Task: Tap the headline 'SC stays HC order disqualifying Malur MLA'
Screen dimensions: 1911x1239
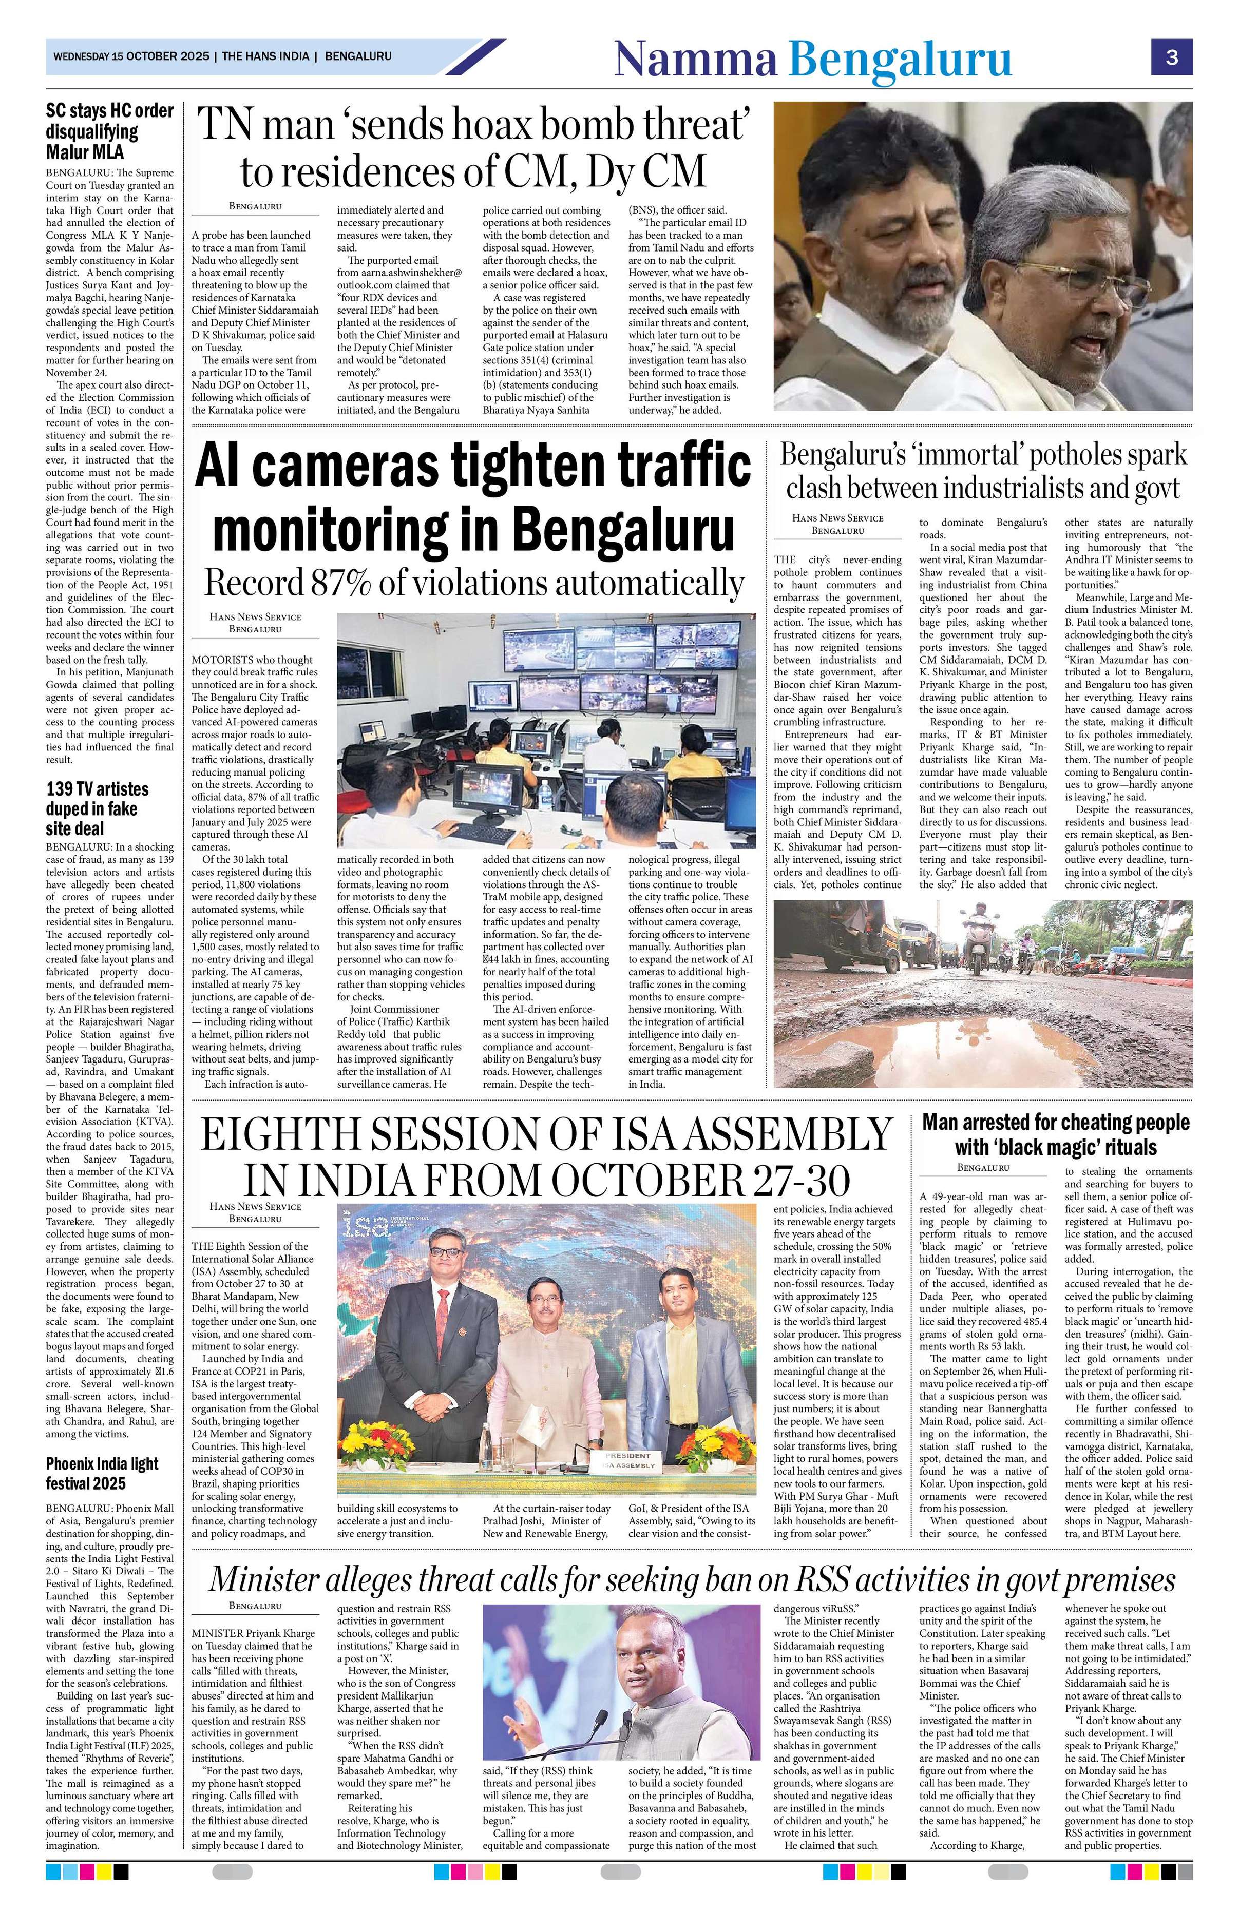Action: coord(109,132)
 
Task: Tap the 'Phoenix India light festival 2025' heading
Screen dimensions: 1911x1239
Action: coord(102,1473)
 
